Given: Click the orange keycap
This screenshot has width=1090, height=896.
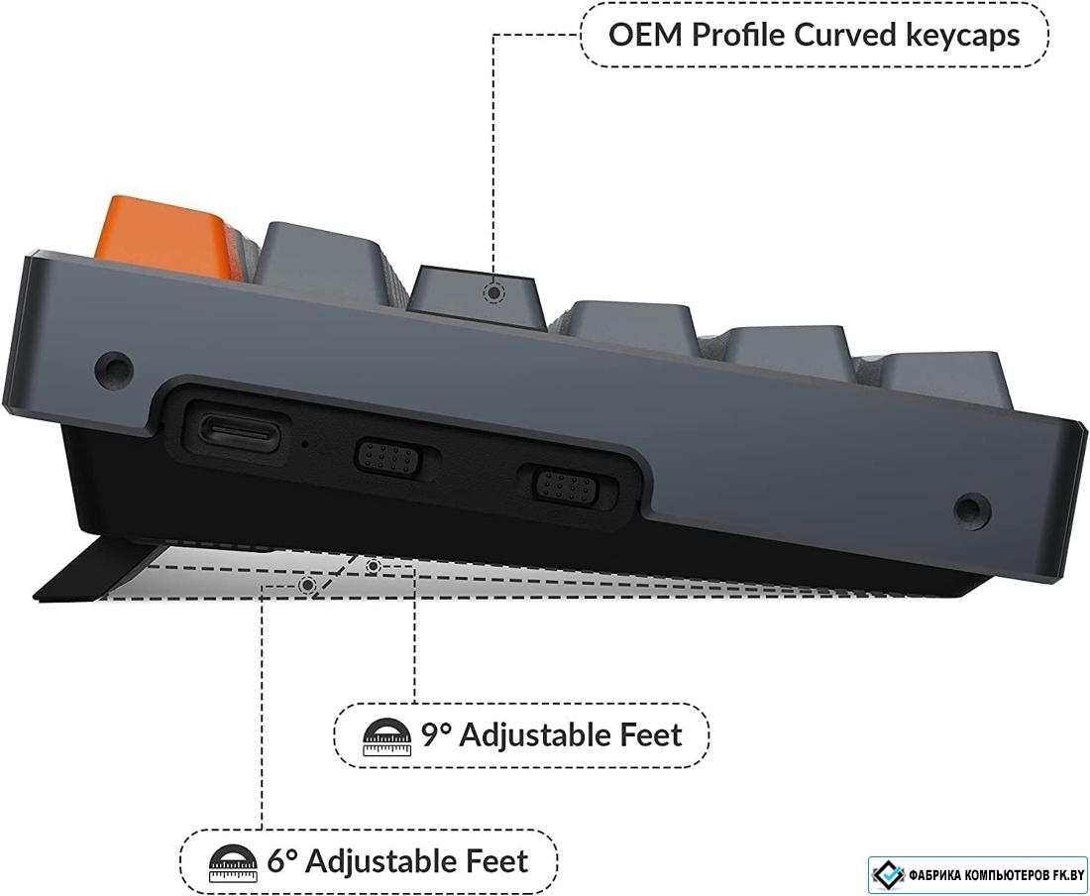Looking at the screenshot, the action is (x=166, y=235).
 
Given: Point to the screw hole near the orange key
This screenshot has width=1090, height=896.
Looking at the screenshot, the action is (x=113, y=367).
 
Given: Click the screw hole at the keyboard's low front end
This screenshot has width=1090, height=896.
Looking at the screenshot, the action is (x=970, y=508).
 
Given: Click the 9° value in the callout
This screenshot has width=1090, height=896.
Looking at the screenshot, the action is (x=436, y=734).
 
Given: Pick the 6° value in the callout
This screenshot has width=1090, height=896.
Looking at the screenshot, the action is (x=282, y=861).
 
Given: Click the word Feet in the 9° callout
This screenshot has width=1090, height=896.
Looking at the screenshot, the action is (x=651, y=734).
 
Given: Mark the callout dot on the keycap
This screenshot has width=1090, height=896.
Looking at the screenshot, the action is (x=492, y=292).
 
